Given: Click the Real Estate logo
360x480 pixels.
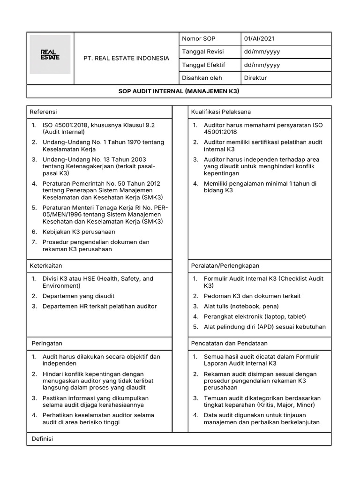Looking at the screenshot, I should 50,54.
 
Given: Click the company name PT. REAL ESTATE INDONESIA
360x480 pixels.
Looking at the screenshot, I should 126,59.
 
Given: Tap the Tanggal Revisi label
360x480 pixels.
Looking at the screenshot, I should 202,52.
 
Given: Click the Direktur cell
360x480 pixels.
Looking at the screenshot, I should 255,78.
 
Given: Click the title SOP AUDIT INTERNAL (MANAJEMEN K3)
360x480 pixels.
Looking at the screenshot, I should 179,91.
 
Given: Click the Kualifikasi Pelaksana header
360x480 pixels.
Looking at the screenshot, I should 221,112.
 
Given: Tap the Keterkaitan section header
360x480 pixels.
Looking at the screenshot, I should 46,265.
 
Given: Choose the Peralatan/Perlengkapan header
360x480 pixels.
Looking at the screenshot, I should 225,265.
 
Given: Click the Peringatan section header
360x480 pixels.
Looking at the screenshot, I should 46,344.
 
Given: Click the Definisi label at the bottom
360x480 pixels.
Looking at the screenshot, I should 42,439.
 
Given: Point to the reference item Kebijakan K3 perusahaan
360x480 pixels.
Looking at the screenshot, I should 79,232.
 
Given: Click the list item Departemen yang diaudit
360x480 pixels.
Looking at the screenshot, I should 78,296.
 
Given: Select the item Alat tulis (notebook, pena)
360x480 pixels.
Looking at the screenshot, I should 241,306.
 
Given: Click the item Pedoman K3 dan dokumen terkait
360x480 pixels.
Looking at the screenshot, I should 252,296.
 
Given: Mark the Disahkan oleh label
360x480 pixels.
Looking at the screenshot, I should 202,78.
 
